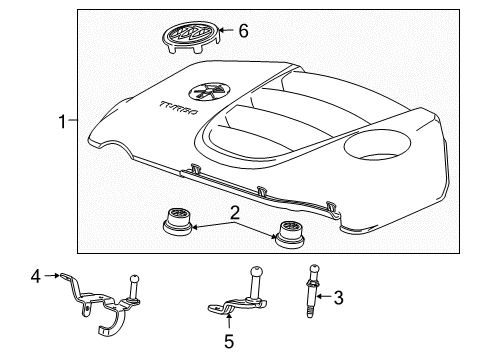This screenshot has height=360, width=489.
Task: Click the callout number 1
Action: [62, 123]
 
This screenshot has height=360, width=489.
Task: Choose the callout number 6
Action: [241, 32]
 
